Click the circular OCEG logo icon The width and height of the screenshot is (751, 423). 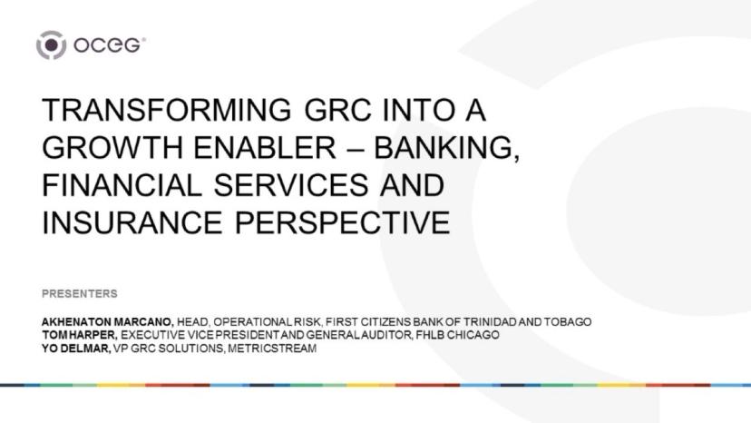click(x=52, y=45)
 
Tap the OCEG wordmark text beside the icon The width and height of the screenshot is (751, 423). click(x=109, y=45)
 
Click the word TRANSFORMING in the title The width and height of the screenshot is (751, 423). click(x=166, y=109)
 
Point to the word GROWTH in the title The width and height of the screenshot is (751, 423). click(x=113, y=147)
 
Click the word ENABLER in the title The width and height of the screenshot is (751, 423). click(x=264, y=147)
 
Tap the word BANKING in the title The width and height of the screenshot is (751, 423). click(x=446, y=148)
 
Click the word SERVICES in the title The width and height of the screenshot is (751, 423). click(x=291, y=185)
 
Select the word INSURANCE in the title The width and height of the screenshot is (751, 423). click(x=132, y=222)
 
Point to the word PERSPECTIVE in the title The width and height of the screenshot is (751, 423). click(x=342, y=222)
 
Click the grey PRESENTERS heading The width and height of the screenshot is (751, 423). click(x=80, y=293)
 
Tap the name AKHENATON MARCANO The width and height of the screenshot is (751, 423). click(x=108, y=322)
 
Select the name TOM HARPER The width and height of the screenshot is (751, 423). click(x=80, y=335)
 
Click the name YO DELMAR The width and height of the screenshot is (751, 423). click(x=76, y=349)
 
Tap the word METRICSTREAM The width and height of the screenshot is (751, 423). click(x=272, y=349)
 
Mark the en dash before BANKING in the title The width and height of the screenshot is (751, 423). click(x=355, y=148)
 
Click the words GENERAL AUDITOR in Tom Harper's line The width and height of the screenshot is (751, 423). click(x=359, y=335)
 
